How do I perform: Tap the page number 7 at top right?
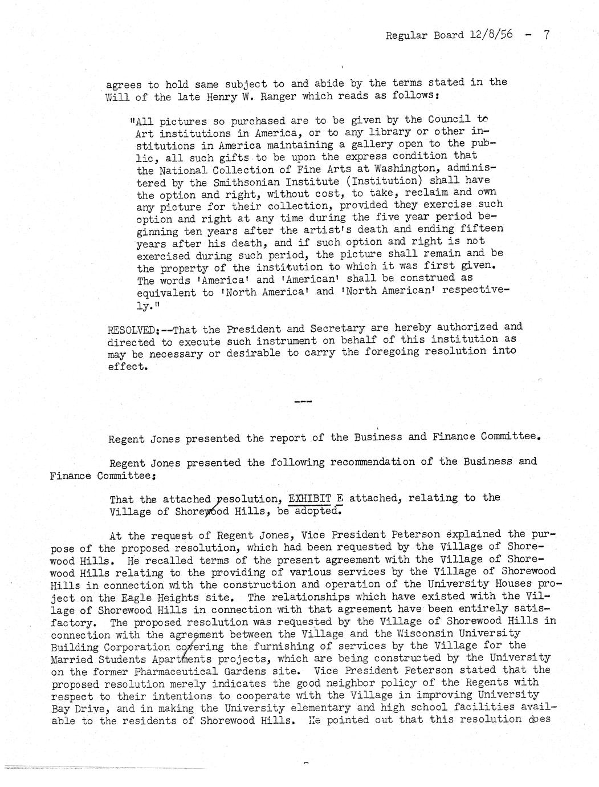pyautogui.click(x=546, y=35)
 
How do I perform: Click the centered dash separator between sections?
pyautogui.click(x=302, y=403)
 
